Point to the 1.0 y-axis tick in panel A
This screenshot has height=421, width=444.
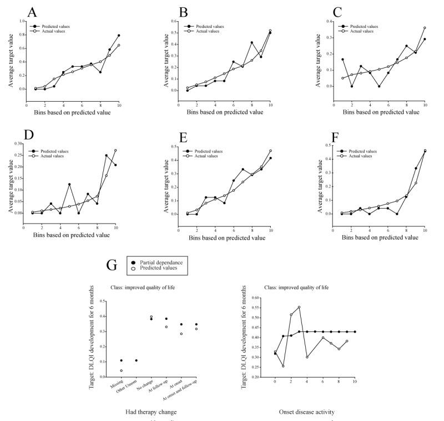pyautogui.click(x=22, y=21)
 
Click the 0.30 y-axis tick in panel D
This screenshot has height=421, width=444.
pyautogui.click(x=17, y=143)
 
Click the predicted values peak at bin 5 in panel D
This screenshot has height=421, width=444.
pyautogui.click(x=69, y=184)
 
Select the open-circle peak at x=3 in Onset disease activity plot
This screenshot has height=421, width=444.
pyautogui.click(x=299, y=307)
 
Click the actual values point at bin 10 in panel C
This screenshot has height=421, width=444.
pyautogui.click(x=425, y=28)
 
